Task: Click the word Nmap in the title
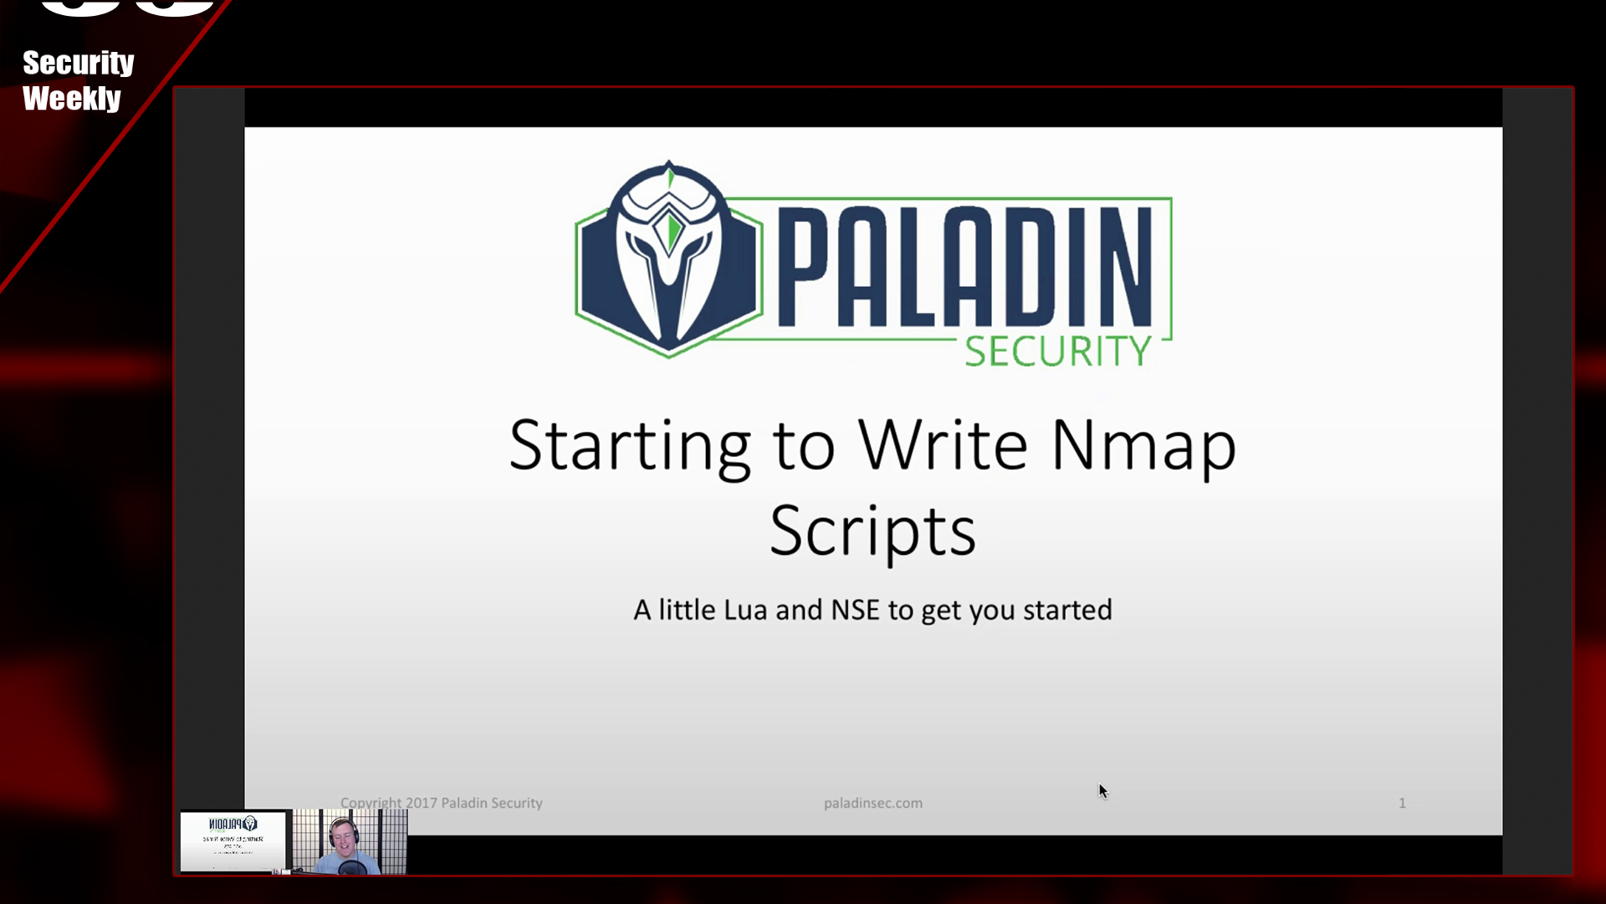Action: (1143, 446)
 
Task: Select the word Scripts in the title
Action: (872, 532)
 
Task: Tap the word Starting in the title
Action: (629, 446)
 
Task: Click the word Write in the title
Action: (943, 444)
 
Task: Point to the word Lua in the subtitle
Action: (744, 610)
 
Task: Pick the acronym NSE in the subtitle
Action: (855, 610)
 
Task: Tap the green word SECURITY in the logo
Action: (1058, 351)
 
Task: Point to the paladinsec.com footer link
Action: (872, 803)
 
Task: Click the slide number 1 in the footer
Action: (1402, 803)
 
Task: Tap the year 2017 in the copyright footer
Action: (421, 803)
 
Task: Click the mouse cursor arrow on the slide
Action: (1102, 790)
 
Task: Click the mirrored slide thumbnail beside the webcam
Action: (233, 840)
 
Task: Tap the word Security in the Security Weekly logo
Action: (78, 64)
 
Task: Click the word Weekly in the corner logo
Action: (72, 99)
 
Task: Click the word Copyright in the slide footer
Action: (371, 803)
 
